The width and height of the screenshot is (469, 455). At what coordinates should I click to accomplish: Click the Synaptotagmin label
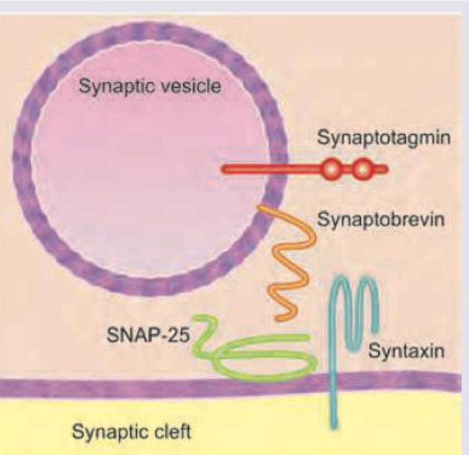click(384, 138)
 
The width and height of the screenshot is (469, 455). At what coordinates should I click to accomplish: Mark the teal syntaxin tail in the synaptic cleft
click(335, 408)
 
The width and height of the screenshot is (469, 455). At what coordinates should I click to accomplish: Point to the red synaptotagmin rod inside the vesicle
click(249, 169)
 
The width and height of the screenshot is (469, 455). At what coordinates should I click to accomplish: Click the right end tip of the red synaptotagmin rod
click(386, 169)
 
